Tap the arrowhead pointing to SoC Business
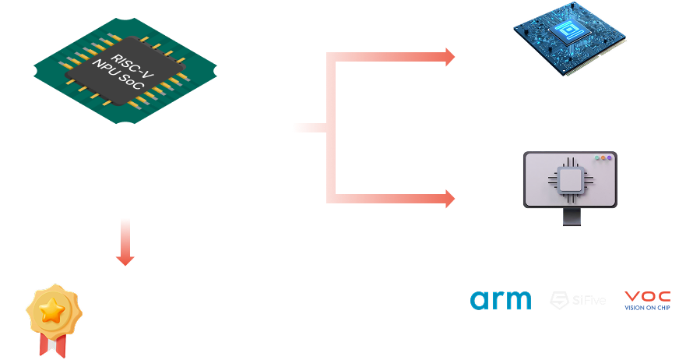449,56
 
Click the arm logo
501,300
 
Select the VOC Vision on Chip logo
648,300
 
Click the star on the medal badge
53,311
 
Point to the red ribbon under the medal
52,344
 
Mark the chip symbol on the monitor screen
569,181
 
